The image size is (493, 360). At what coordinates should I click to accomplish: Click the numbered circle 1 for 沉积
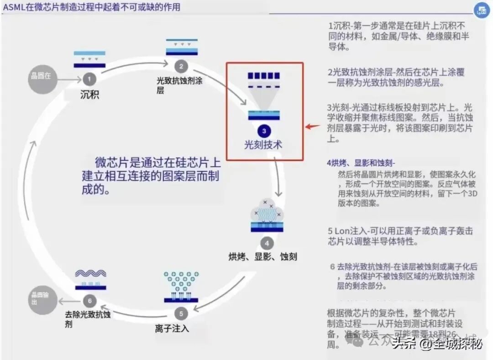[x=89, y=79]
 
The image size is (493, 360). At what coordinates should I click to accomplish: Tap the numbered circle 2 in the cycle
[x=181, y=67]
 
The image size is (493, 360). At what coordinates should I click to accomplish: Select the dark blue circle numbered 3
[x=264, y=131]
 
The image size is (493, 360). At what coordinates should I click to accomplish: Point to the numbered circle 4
[x=267, y=242]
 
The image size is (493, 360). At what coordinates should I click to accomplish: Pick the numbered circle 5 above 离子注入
[x=181, y=313]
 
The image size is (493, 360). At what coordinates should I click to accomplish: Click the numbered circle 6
[x=89, y=300]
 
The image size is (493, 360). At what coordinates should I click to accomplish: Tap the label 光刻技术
[x=263, y=145]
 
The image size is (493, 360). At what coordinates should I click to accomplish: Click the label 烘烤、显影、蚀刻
[x=262, y=256]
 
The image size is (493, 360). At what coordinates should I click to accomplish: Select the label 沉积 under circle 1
[x=89, y=95]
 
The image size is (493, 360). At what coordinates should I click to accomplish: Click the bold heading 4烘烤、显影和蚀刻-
[x=361, y=163]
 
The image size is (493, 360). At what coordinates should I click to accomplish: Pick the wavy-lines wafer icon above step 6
[x=90, y=278]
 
